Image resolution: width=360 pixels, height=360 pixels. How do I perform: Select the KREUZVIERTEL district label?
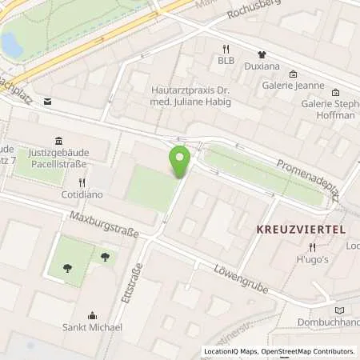click(300, 229)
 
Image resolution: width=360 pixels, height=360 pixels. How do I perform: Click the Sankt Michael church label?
click(93, 327)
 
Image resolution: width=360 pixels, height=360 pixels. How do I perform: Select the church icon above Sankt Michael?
click(93, 315)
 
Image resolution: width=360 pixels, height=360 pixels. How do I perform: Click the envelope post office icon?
click(47, 102)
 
